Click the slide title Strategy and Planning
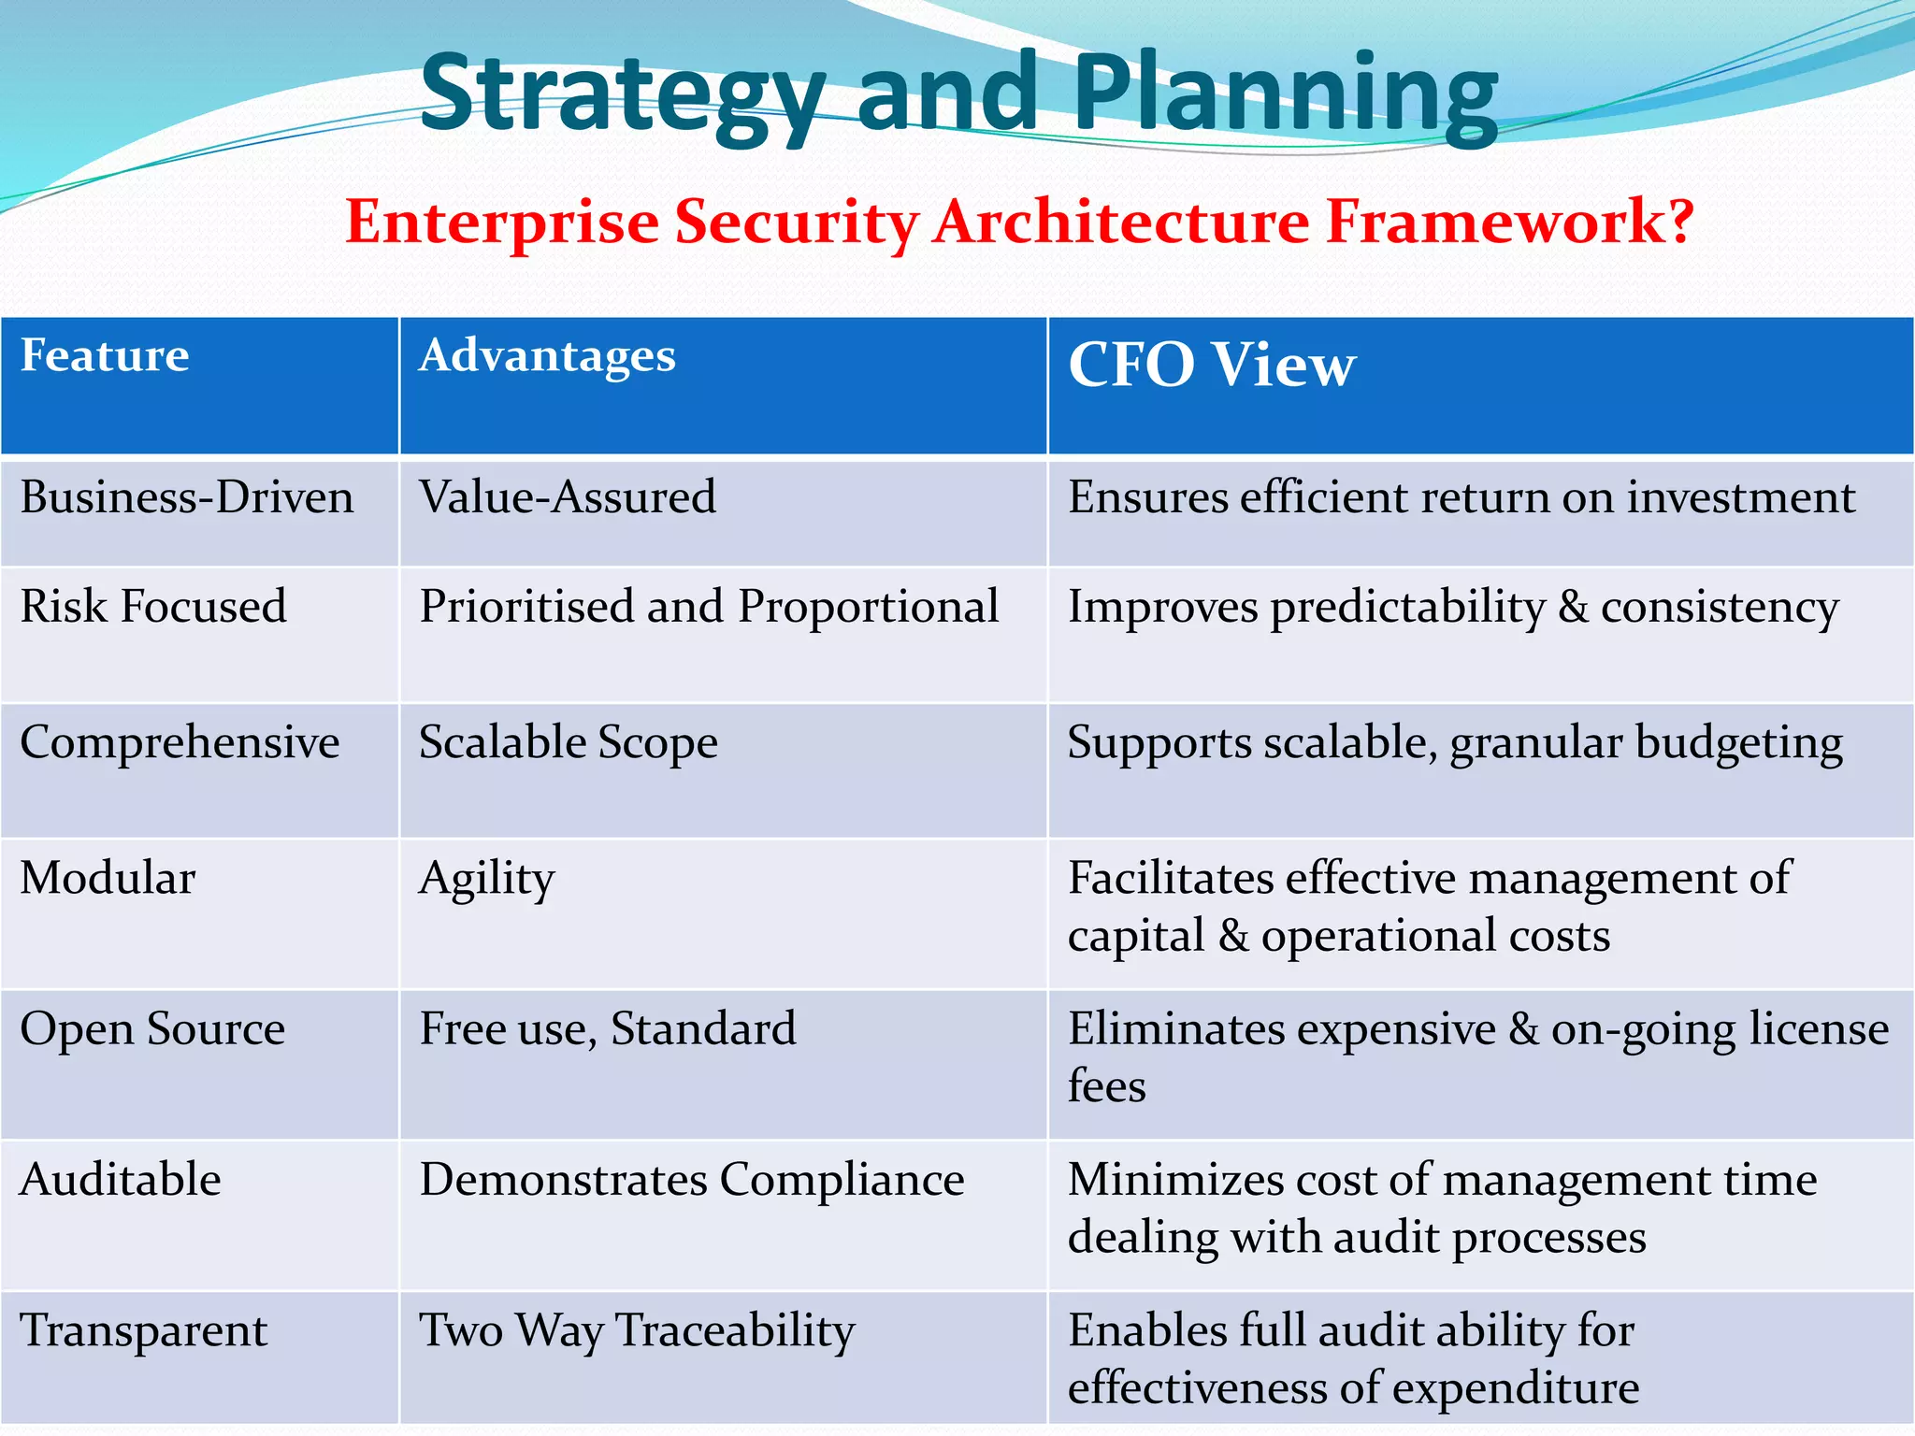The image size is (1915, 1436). point(958,93)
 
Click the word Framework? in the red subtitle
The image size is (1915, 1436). point(1509,223)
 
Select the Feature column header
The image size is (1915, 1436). point(105,356)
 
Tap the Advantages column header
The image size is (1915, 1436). point(547,356)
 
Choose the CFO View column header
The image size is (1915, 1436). point(1211,365)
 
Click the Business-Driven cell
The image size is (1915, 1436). point(187,497)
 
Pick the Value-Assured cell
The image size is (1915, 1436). point(568,497)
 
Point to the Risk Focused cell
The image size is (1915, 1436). point(153,607)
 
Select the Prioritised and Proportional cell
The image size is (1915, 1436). point(709,607)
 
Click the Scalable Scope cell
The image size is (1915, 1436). point(568,743)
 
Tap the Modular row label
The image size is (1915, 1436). point(108,879)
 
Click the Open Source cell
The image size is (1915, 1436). point(152,1029)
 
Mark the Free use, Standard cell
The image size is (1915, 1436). point(608,1029)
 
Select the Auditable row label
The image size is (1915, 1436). point(121,1180)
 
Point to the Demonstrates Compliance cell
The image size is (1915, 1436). point(692,1180)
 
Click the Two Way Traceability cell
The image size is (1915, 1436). point(637,1331)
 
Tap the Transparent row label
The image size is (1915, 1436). point(144,1331)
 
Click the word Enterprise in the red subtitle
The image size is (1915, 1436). point(502,223)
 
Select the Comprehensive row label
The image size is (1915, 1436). point(180,743)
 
